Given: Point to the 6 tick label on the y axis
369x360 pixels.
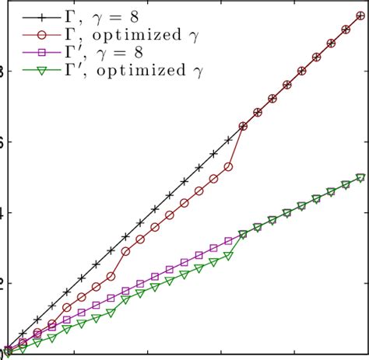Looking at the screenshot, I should (x=2, y=142).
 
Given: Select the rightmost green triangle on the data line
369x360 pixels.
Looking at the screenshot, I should (x=361, y=178).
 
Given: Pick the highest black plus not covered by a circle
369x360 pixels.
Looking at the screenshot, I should (x=228, y=139).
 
